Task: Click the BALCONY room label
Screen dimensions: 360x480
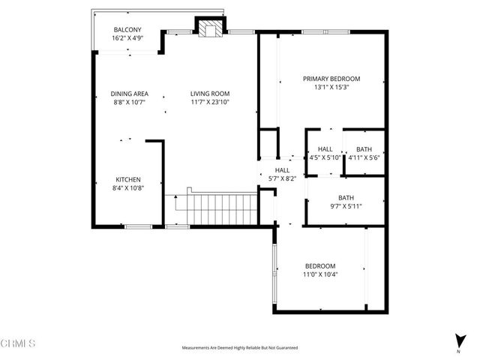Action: point(127,30)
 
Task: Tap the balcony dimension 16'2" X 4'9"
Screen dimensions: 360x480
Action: point(127,37)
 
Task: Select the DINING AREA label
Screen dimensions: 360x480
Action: point(129,94)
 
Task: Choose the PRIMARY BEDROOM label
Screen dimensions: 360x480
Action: point(331,79)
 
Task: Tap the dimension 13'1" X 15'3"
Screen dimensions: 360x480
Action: point(331,87)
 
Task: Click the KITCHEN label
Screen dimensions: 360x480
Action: point(127,179)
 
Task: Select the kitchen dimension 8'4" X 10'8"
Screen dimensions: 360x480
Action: point(127,187)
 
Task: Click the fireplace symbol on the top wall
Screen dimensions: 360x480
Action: point(208,28)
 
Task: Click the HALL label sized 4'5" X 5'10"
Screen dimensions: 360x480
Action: point(325,149)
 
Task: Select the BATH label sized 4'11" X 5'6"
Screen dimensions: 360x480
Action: point(364,149)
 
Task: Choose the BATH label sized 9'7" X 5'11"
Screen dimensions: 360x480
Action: point(346,197)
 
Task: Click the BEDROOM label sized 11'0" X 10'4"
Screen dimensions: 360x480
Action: point(319,266)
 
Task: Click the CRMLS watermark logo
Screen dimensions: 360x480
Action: point(19,343)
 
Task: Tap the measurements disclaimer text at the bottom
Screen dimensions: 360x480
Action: point(240,348)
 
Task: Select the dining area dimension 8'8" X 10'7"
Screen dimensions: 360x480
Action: point(129,102)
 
